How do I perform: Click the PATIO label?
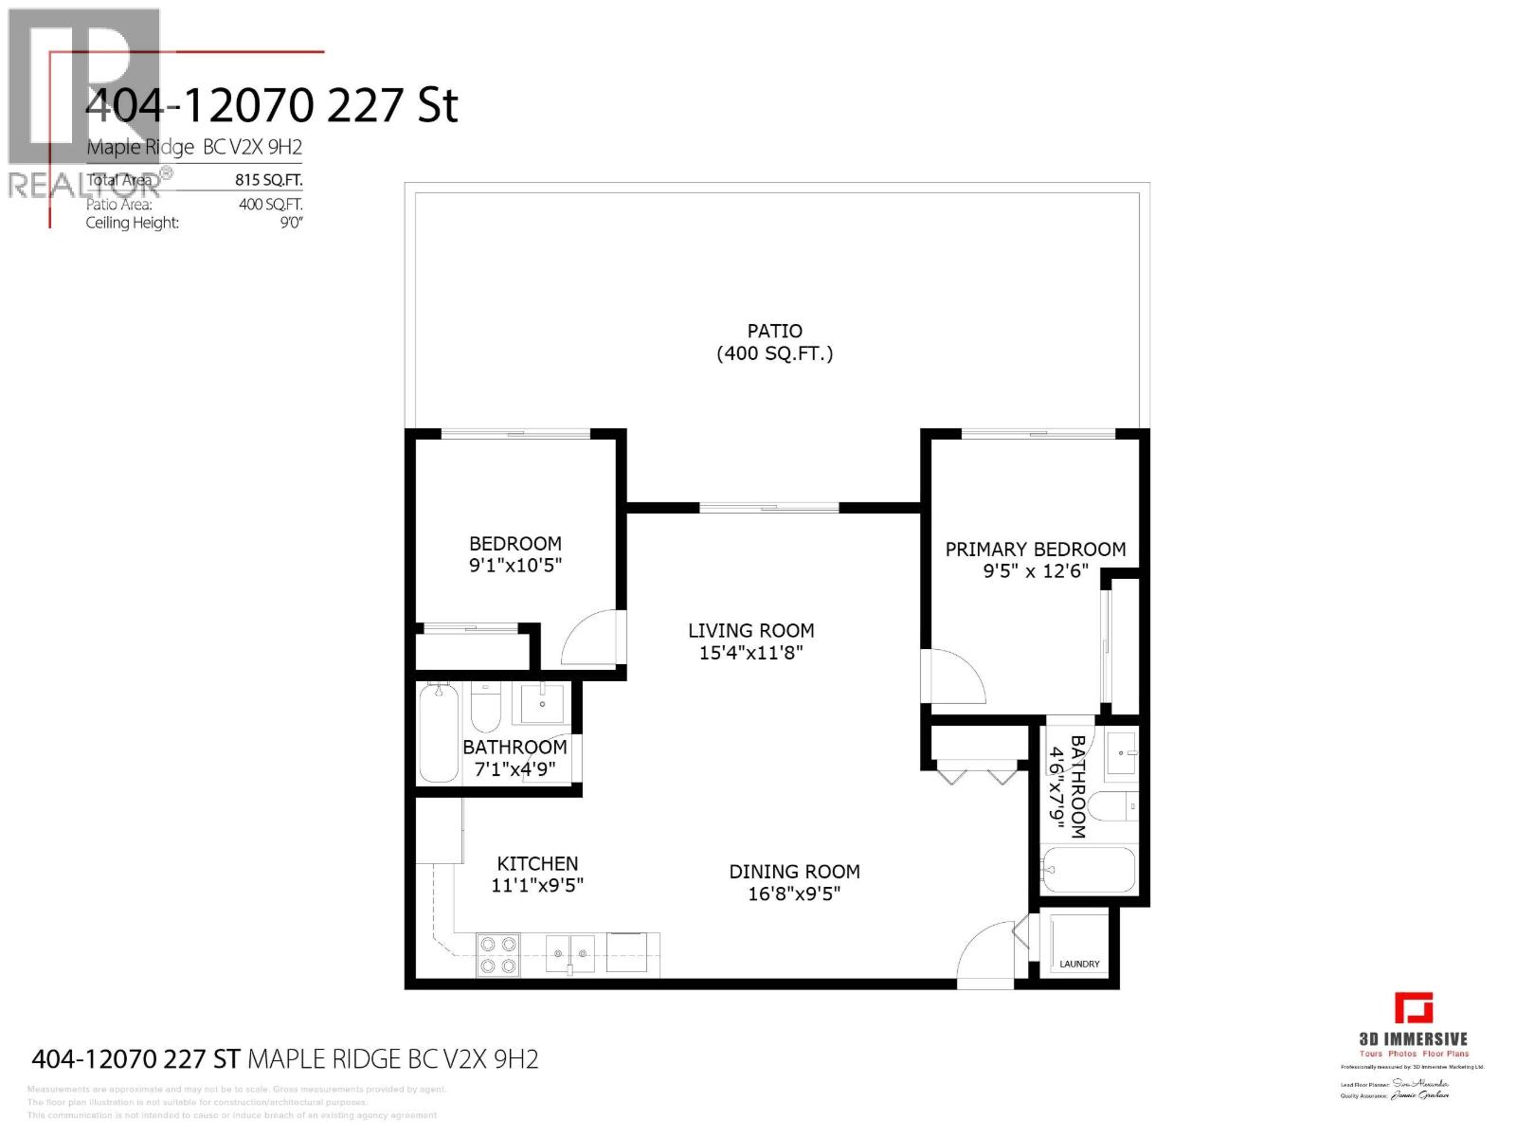(774, 331)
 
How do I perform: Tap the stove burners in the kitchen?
(497, 954)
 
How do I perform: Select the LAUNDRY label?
(1079, 964)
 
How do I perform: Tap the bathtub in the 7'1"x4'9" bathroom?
(438, 733)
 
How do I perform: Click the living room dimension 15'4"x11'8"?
(750, 653)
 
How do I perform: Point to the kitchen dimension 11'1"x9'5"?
(537, 886)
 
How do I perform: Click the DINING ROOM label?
(794, 872)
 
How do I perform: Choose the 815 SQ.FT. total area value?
(269, 180)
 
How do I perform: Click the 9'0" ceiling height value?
(290, 223)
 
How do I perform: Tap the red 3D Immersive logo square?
(1413, 1008)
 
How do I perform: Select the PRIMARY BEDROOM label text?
(1035, 550)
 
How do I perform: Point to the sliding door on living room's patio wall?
(769, 508)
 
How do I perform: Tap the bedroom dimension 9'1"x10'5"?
(514, 566)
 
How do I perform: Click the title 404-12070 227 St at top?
(272, 106)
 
